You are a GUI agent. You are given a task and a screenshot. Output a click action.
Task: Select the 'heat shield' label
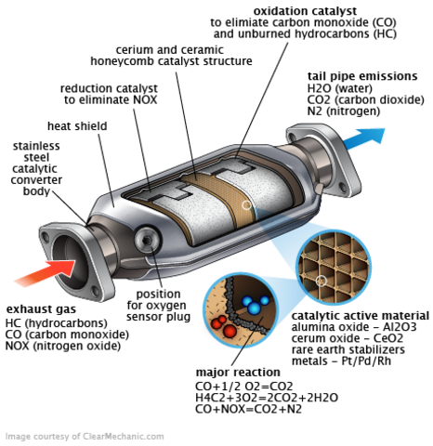pos(77,125)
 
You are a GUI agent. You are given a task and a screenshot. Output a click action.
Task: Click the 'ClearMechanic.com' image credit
pos(85,436)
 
